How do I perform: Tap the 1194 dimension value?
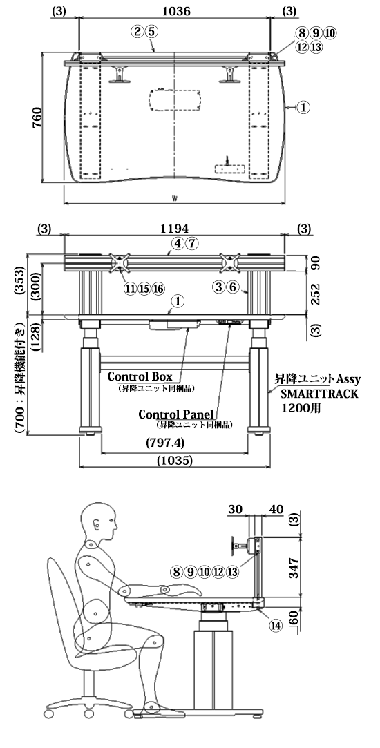pos(175,229)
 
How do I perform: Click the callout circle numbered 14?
pos(276,626)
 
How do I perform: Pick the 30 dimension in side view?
pos(236,509)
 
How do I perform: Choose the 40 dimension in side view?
pos(276,509)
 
